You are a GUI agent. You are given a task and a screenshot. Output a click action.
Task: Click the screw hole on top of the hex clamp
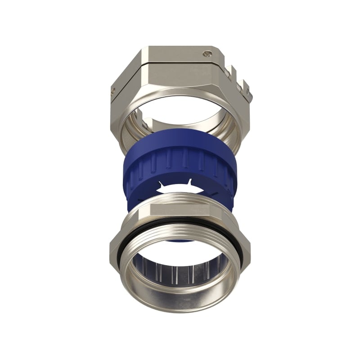pyautogui.click(x=207, y=54)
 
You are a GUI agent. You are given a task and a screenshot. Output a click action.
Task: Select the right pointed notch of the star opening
pyautogui.click(x=191, y=181)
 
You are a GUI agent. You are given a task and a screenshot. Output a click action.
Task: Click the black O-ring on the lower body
pyautogui.click(x=180, y=220)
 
